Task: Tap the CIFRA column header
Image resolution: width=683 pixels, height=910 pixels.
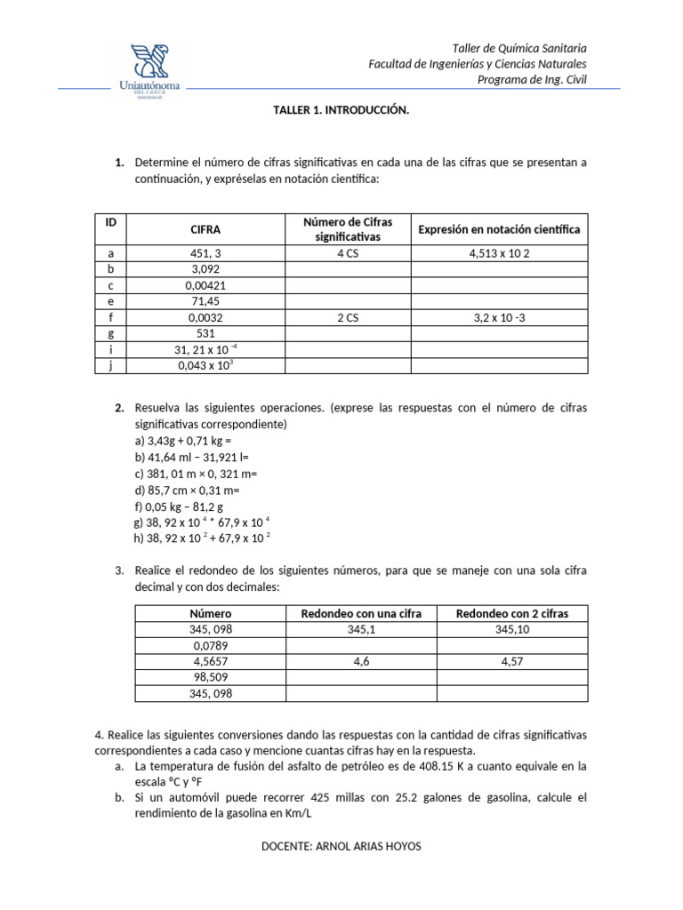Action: (205, 229)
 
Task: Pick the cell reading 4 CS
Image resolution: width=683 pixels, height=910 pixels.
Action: (348, 253)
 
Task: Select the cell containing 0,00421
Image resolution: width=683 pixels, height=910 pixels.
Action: (205, 285)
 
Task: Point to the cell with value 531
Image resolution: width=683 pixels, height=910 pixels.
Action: (205, 333)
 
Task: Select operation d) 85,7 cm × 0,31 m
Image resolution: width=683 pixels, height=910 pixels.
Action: (187, 490)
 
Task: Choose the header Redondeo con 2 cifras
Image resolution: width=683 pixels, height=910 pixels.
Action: (511, 613)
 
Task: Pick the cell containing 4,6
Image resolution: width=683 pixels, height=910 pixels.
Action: (361, 662)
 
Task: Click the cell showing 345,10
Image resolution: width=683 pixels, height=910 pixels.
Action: (511, 629)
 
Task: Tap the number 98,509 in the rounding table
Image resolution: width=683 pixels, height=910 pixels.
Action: (211, 677)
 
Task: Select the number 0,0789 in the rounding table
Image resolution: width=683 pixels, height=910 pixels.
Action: (211, 645)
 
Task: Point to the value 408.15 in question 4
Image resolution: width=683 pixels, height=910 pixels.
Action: (461, 765)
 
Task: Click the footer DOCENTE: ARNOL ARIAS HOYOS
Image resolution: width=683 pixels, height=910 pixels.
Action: (341, 846)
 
